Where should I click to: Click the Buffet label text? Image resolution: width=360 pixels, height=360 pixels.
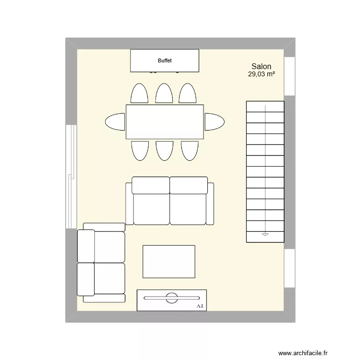tap(165, 61)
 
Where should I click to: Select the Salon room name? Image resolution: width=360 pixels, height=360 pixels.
tap(261, 67)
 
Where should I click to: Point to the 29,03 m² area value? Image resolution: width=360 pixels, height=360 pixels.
tap(261, 74)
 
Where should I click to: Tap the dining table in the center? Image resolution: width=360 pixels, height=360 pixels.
tap(165, 122)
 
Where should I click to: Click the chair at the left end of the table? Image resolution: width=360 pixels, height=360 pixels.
tap(115, 122)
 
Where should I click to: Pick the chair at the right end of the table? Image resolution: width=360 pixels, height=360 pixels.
tap(214, 121)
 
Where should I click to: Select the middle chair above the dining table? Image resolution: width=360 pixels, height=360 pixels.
tap(164, 94)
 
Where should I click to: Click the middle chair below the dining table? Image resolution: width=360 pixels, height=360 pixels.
tap(164, 150)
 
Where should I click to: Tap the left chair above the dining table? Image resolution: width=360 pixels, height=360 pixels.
tap(139, 94)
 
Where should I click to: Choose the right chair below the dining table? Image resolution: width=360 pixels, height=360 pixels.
tap(190, 150)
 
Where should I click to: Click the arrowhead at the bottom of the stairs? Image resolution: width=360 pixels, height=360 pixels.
tap(265, 235)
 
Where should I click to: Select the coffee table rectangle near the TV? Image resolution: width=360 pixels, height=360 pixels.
tap(169, 262)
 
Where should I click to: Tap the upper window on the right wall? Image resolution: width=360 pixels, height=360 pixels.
tap(289, 77)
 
